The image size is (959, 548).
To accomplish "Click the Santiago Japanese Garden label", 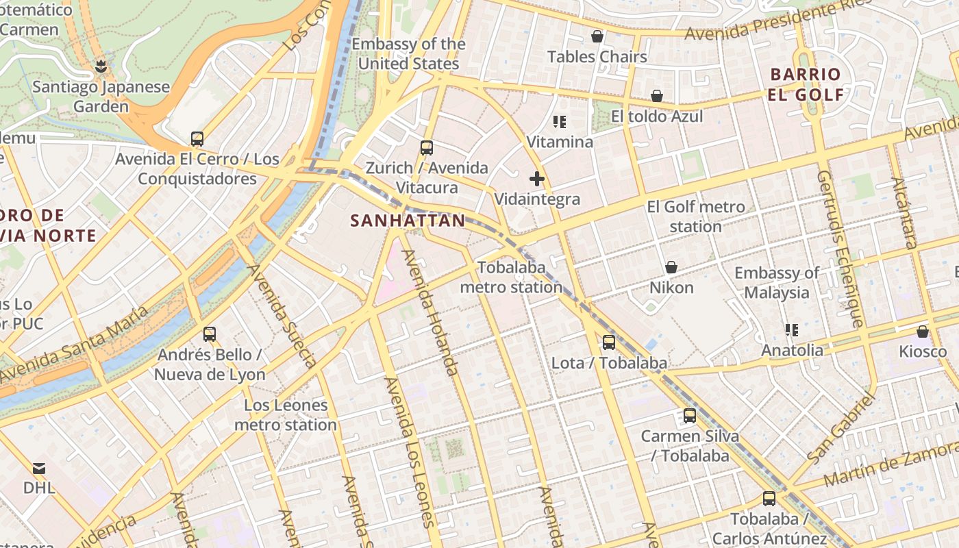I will click(x=101, y=97).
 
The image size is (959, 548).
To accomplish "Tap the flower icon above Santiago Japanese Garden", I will click(x=101, y=66).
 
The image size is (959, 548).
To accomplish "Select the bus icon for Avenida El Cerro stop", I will click(x=197, y=139).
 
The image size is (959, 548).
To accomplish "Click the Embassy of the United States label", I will click(x=408, y=54).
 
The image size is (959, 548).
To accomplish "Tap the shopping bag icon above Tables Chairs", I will click(x=597, y=36).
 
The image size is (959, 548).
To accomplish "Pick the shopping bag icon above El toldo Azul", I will click(x=657, y=96).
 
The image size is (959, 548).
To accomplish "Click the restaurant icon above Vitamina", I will click(x=560, y=122).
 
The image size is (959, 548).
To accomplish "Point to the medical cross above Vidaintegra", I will click(x=537, y=179).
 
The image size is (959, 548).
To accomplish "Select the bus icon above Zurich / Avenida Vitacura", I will click(x=427, y=147).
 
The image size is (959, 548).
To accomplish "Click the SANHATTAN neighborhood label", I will click(x=408, y=221).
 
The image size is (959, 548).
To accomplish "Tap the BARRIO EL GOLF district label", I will click(x=806, y=84).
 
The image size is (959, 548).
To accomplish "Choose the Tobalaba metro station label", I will click(x=511, y=277).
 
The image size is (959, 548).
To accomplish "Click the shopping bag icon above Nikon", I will click(x=671, y=267).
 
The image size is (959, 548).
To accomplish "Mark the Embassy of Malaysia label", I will click(x=777, y=283).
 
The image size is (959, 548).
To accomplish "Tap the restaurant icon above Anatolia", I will click(x=792, y=330).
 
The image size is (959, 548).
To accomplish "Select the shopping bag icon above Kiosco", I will click(x=923, y=332).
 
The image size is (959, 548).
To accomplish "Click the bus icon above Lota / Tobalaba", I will click(x=609, y=342).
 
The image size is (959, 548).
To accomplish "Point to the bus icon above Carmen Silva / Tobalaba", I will click(x=690, y=416).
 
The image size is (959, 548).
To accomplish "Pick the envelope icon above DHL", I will click(x=39, y=469).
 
